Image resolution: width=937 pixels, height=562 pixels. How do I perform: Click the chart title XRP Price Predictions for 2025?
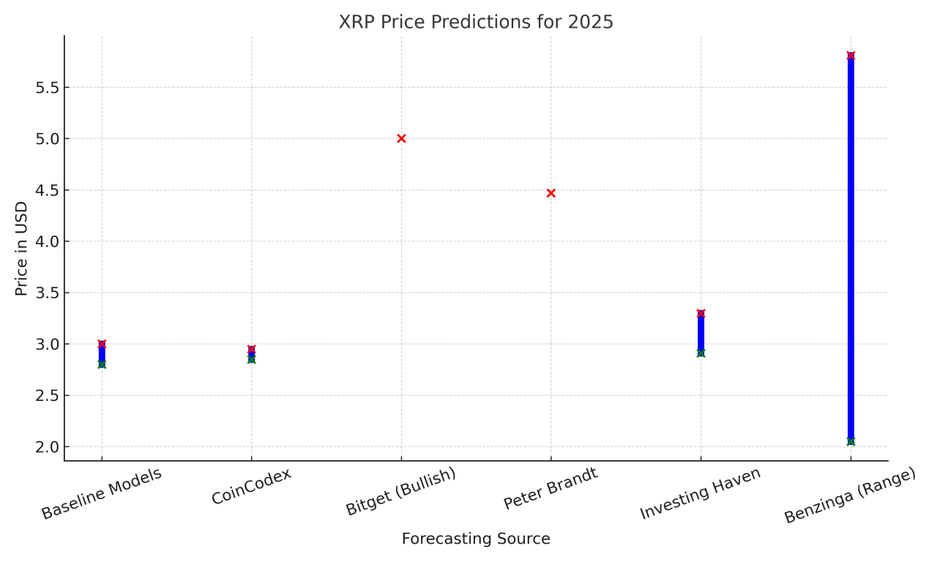(x=476, y=22)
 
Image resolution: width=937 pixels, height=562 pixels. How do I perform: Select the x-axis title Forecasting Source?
(x=476, y=539)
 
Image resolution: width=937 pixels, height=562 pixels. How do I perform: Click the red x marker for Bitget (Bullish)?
(x=401, y=138)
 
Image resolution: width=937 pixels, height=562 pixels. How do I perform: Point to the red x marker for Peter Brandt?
(x=551, y=193)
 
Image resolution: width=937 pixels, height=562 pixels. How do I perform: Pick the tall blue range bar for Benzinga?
(x=851, y=249)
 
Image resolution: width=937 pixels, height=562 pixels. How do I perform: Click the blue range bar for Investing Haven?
(x=701, y=333)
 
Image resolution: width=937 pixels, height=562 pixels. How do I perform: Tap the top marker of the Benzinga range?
(x=851, y=56)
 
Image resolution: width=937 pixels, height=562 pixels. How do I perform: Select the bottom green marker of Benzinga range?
(x=851, y=441)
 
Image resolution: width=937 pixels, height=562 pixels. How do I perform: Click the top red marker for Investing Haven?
(x=701, y=313)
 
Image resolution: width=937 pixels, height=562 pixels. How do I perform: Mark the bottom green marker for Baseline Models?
(x=102, y=364)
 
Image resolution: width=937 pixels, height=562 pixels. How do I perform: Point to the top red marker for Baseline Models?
(x=102, y=344)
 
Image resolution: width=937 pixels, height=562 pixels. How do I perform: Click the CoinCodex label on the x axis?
(x=252, y=487)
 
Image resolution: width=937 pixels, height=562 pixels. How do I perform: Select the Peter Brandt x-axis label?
(x=550, y=488)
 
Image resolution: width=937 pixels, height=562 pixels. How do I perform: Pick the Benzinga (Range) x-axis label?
(x=850, y=495)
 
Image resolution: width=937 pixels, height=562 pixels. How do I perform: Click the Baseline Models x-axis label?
(x=101, y=494)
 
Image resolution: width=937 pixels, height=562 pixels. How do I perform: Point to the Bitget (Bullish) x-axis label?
(x=400, y=492)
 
